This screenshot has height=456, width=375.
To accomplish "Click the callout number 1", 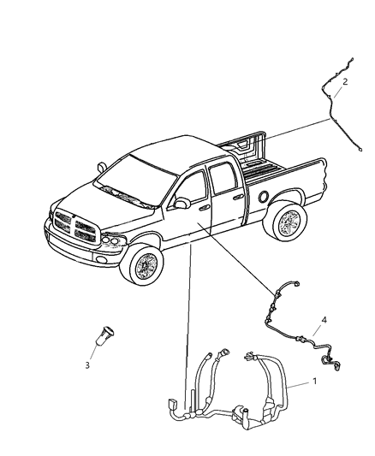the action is (314, 381).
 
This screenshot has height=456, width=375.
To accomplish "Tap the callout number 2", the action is (345, 82).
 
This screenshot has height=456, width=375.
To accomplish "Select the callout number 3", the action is (87, 365).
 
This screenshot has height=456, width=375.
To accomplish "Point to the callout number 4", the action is (324, 320).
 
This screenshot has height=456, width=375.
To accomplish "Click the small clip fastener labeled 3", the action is (105, 335).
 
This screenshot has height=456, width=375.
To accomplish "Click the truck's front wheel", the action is (144, 264).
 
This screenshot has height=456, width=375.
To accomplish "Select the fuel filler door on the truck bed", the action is (264, 197).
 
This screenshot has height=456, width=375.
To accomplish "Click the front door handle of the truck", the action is (205, 207).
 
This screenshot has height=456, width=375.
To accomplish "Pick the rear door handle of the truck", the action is (239, 197).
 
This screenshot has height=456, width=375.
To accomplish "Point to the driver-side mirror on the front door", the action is (182, 203).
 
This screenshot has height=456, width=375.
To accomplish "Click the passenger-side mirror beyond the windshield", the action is (102, 167).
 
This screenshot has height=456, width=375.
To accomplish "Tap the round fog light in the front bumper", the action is (102, 260).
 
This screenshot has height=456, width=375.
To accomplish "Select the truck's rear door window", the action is (223, 178).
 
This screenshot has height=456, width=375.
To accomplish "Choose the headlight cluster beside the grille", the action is (113, 240).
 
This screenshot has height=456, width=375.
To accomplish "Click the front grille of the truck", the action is (75, 226).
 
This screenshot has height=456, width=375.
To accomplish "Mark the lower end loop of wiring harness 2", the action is (360, 150).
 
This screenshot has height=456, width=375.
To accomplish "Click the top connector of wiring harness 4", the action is (296, 283).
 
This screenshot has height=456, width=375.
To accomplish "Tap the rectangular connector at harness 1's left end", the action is (171, 404).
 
